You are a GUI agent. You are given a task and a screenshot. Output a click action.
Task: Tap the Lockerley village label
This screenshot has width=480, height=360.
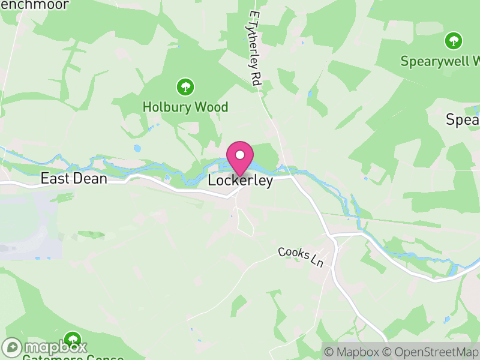coord(240,181)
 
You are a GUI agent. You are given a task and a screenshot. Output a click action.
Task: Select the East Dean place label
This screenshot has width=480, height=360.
coord(73,178)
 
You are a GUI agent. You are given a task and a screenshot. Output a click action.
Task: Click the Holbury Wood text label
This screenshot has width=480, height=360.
coord(185,107)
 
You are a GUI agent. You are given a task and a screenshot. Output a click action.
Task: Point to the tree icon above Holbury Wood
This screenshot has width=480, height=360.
coord(185,87)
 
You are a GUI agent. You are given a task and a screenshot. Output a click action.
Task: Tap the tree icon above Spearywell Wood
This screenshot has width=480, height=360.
coord(453,41)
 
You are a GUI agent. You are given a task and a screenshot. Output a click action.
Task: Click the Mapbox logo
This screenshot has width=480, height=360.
coord(45,347)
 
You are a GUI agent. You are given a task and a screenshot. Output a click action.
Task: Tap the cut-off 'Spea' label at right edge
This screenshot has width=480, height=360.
coord(463,120)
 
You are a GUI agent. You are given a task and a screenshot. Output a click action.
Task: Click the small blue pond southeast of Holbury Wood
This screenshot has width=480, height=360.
coord(137,148)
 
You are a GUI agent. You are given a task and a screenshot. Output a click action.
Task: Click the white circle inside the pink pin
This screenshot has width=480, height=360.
coord(240,155)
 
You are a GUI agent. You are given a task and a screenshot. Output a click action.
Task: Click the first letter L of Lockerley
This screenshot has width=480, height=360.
coord(212,181)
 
